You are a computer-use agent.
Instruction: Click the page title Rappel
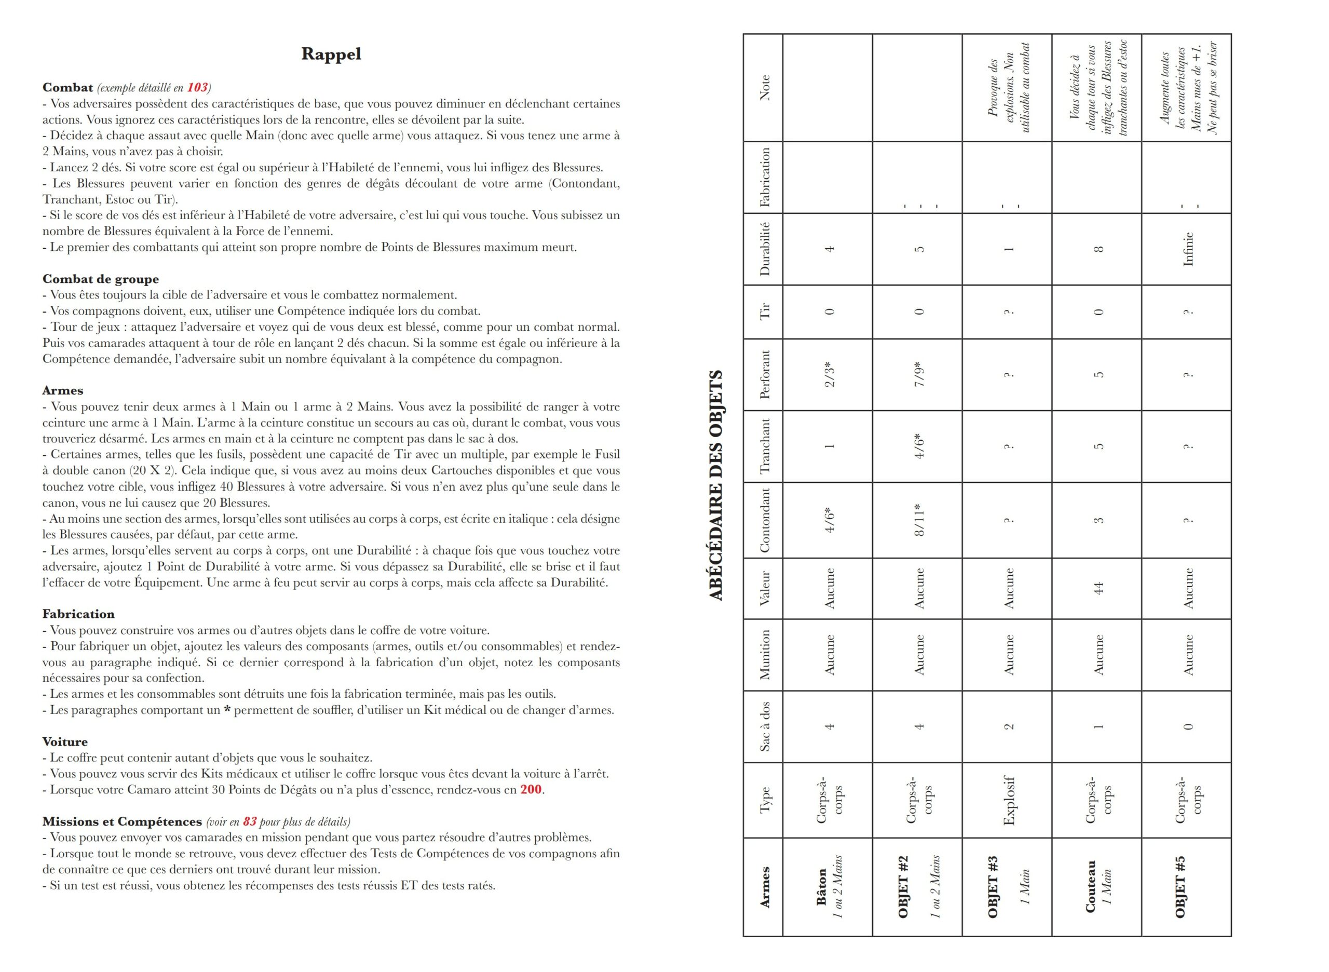331,54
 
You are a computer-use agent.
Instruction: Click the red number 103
197,88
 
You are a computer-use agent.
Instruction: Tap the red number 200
531,790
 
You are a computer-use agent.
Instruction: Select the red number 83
249,822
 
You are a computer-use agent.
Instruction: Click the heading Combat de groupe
100,279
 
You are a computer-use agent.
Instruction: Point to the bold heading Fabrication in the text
78,614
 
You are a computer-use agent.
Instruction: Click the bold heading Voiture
65,742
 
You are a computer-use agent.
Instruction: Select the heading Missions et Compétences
122,822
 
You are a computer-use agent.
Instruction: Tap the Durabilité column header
764,249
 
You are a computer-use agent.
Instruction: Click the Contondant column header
764,520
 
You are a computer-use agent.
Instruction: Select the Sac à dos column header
764,726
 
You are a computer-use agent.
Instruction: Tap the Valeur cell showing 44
1097,588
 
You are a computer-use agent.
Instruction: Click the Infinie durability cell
1188,249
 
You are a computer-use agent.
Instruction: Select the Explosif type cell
1008,800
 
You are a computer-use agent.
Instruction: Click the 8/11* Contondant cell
919,520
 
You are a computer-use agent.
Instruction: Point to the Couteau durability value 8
1097,249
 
